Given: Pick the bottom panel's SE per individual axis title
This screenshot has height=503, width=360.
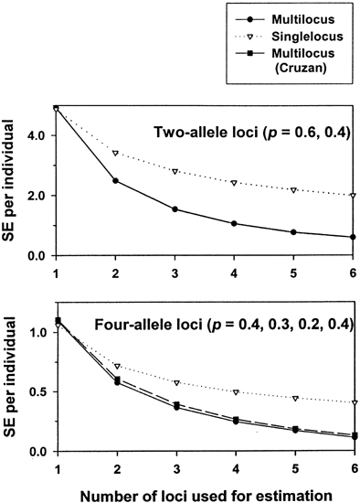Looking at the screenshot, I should [x=12, y=381].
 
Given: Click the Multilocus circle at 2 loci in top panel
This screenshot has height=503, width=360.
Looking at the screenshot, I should [x=115, y=181].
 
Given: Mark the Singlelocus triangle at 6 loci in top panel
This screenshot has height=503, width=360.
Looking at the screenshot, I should [x=353, y=195].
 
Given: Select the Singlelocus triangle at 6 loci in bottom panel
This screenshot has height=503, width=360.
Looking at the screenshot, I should [x=353, y=402].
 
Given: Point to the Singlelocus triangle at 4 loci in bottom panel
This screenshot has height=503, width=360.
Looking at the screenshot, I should [x=234, y=391].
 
